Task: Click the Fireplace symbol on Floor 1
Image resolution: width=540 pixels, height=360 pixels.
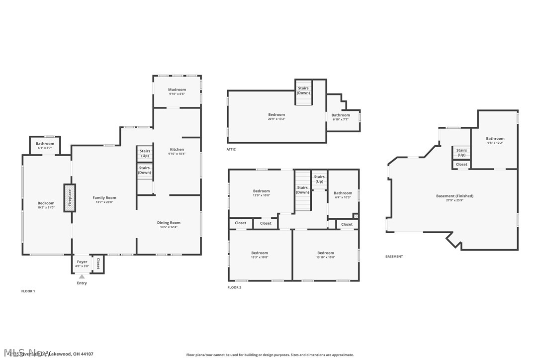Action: coord(70,198)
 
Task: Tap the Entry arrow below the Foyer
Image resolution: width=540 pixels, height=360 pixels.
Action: coord(82,276)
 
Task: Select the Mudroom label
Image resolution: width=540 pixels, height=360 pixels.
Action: coord(177,90)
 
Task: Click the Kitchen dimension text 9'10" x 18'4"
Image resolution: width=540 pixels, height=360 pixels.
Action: coord(177,154)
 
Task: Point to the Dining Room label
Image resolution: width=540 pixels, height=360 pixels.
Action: coord(169,223)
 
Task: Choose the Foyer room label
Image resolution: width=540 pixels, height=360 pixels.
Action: coord(82,262)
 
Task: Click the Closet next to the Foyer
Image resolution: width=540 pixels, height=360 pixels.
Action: coord(98,264)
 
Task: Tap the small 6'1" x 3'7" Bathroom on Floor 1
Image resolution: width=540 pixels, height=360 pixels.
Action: coord(45,146)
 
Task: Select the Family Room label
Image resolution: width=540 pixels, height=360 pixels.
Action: coord(104,198)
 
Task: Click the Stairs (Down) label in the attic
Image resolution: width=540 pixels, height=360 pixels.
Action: coord(303,90)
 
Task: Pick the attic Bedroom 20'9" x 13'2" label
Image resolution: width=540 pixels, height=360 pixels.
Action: coord(276,117)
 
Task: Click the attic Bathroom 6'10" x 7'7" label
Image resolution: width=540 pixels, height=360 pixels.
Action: coord(341,117)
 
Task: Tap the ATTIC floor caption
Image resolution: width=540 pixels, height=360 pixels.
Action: coord(231,149)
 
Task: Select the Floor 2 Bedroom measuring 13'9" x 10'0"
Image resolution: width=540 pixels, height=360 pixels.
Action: coord(261,193)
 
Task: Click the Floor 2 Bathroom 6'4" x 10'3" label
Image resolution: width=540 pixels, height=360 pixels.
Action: coord(343,195)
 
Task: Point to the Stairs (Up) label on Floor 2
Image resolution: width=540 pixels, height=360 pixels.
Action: coord(319,179)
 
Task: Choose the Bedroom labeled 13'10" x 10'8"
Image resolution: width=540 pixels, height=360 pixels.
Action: coord(326,255)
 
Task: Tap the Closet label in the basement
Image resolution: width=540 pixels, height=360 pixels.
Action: coord(461,164)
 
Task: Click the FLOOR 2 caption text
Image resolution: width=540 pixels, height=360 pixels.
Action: coord(234,287)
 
